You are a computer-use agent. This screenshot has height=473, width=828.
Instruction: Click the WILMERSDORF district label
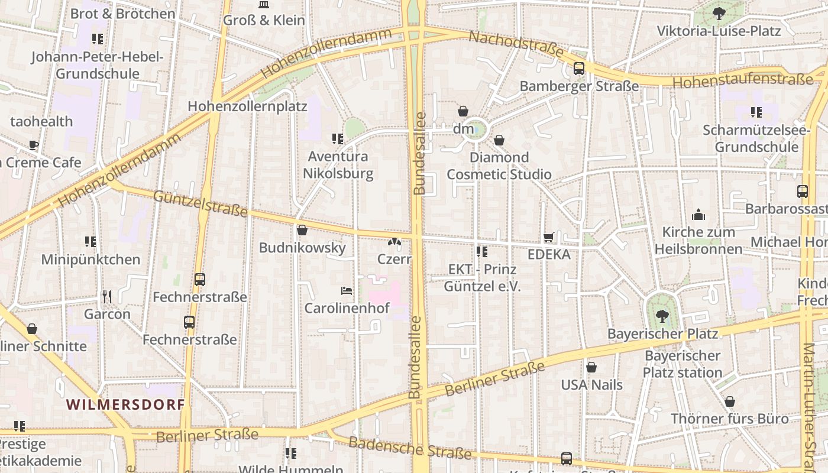pyautogui.click(x=125, y=405)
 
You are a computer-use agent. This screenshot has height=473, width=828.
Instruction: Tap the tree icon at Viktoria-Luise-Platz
pyautogui.click(x=719, y=13)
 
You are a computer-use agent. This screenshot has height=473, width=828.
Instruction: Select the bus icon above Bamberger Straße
pyautogui.click(x=579, y=69)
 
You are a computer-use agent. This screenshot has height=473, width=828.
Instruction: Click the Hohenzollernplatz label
pyautogui.click(x=247, y=106)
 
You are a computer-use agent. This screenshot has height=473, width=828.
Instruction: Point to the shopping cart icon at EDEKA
pyautogui.click(x=549, y=238)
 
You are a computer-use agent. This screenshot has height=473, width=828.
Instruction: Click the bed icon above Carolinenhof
pyautogui.click(x=347, y=290)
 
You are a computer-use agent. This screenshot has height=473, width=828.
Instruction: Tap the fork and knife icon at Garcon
pyautogui.click(x=107, y=296)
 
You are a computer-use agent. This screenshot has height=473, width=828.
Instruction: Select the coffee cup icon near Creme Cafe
pyautogui.click(x=34, y=145)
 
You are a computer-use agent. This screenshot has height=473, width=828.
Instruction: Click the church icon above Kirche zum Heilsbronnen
pyautogui.click(x=698, y=215)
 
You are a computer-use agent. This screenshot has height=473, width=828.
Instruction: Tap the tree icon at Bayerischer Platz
pyautogui.click(x=662, y=316)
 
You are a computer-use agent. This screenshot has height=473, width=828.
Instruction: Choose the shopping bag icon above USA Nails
pyautogui.click(x=591, y=367)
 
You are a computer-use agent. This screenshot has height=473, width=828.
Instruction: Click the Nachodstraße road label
pyautogui.click(x=516, y=44)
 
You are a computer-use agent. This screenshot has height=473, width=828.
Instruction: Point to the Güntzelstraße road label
pyautogui.click(x=200, y=203)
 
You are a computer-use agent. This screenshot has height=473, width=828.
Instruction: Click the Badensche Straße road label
pyautogui.click(x=409, y=448)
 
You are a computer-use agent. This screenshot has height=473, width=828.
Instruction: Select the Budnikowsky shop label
pyautogui.click(x=302, y=247)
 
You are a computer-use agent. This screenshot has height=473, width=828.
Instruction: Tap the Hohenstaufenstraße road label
pyautogui.click(x=742, y=81)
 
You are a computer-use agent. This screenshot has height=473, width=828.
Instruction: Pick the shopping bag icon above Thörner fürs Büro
pyautogui.click(x=730, y=401)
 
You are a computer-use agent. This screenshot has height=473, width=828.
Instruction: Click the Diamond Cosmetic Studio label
pyautogui.click(x=499, y=166)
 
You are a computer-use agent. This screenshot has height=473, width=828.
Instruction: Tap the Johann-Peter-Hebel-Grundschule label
pyautogui.click(x=98, y=65)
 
